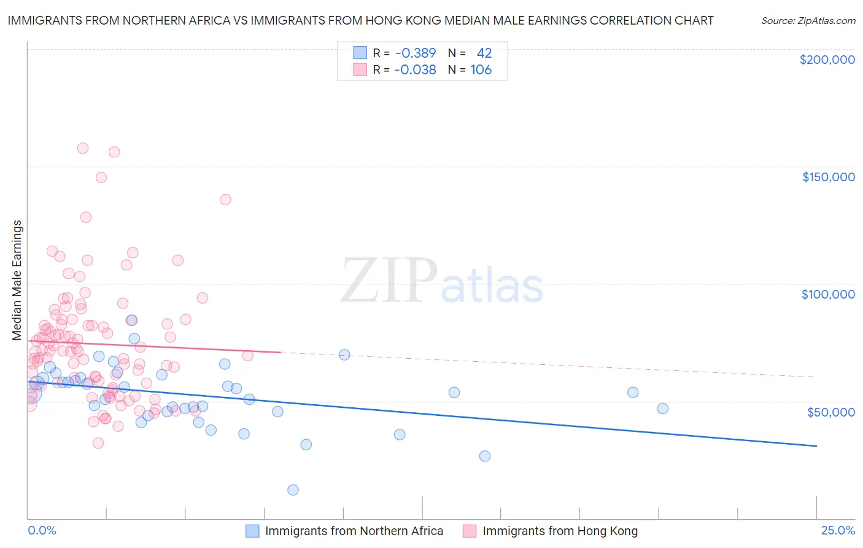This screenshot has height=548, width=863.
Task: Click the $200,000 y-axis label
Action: [827, 60]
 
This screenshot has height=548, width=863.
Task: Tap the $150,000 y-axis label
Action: [828, 177]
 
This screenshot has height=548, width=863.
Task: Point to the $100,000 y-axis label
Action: [828, 294]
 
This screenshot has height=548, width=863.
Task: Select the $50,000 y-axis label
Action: [830, 412]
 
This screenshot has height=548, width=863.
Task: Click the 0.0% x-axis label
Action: [42, 530]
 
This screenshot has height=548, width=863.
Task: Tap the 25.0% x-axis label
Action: [838, 530]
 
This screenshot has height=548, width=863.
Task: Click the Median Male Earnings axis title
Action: [17, 280]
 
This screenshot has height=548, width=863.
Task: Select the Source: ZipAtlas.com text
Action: [808, 20]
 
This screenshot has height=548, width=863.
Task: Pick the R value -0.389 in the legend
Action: [416, 53]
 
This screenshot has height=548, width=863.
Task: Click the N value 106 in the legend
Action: [481, 69]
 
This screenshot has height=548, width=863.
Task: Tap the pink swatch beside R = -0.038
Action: [360, 69]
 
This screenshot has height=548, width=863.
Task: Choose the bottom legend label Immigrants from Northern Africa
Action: [354, 531]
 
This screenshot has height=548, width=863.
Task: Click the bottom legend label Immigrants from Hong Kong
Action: [560, 531]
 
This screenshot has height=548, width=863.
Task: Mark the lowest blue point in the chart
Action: [293, 490]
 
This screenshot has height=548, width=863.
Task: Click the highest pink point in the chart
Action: [83, 148]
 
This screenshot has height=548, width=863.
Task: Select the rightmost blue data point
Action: [662, 409]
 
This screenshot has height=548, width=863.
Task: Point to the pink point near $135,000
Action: [225, 200]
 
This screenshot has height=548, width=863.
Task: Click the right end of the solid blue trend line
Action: [816, 445]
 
